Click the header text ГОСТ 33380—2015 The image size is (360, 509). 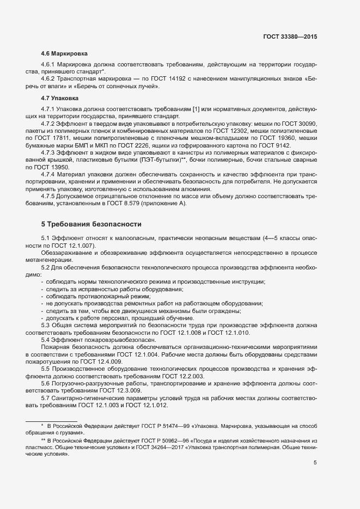click(x=289, y=37)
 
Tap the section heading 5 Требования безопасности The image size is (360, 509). click(x=91, y=224)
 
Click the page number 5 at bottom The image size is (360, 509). click(x=315, y=463)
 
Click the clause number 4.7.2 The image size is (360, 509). click(x=51, y=124)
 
